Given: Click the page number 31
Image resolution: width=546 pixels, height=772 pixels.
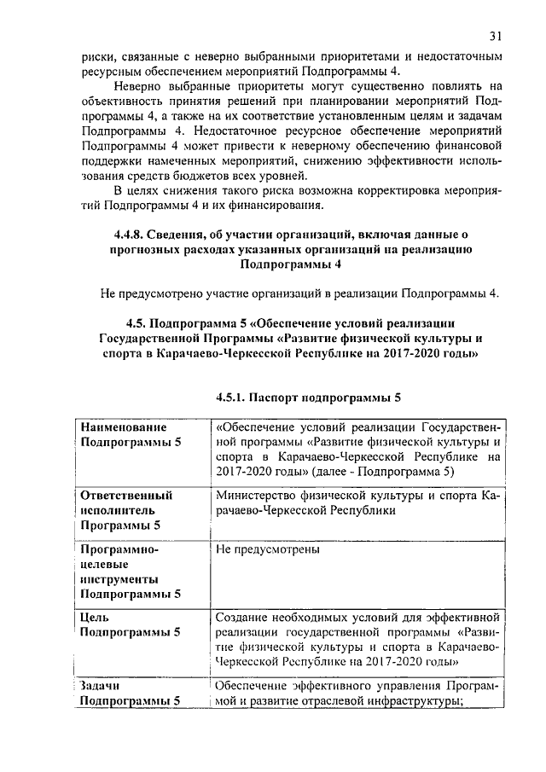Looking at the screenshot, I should click(x=497, y=37).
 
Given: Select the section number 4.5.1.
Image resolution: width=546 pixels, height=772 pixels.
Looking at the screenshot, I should click(x=236, y=397).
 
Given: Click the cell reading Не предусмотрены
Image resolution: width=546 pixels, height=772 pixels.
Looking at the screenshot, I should click(x=268, y=549).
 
